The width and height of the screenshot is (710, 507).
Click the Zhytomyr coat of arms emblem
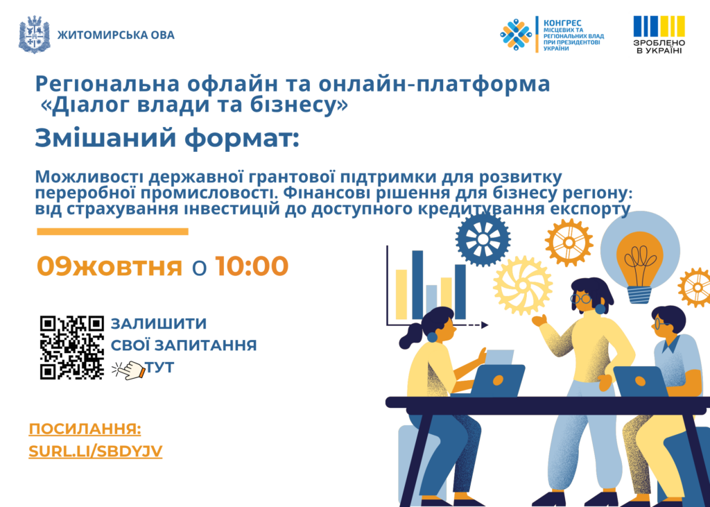point(35,35)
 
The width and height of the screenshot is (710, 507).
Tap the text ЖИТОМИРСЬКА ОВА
point(116,35)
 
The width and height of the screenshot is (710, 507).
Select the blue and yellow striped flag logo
point(659,27)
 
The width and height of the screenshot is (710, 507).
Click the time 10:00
point(252,266)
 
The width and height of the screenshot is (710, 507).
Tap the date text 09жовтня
point(110,266)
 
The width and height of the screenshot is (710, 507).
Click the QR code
point(72,347)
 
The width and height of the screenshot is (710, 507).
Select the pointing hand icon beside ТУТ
point(128,369)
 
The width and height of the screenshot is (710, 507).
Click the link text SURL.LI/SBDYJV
point(96,452)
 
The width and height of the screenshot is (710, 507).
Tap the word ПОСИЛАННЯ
point(85,429)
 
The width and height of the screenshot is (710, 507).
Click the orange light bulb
point(640,266)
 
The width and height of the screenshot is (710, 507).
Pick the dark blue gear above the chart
point(483,239)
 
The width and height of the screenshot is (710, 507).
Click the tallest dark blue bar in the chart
point(417,285)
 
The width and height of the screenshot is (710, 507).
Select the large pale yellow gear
point(523,286)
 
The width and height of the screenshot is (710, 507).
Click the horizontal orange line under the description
point(112,232)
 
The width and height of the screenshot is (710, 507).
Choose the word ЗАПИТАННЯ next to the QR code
point(205,345)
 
